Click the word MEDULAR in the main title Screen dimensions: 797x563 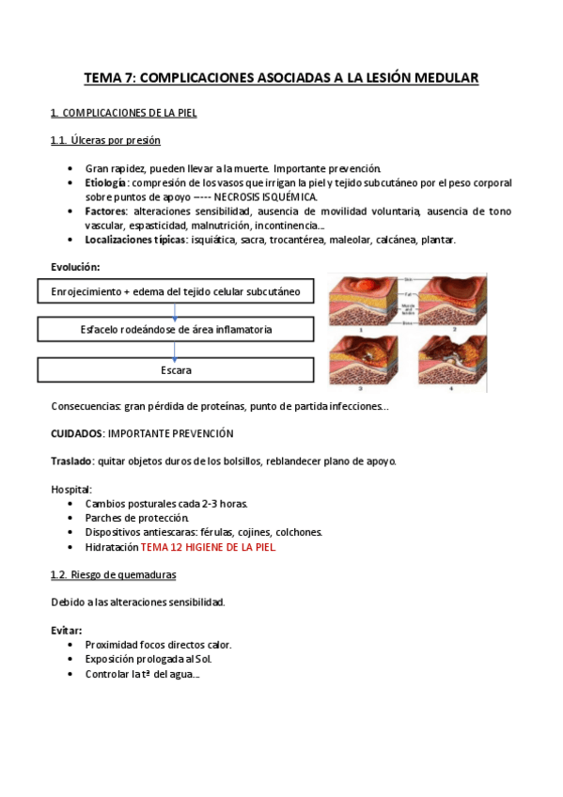[x=442, y=79]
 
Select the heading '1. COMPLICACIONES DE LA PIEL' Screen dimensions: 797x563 [x=123, y=114]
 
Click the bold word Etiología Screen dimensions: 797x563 [x=106, y=182]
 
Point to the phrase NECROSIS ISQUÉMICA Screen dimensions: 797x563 [x=266, y=197]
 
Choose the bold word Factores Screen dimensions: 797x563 [x=105, y=211]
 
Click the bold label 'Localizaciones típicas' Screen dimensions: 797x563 [x=138, y=241]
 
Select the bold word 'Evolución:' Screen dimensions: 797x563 [x=74, y=267]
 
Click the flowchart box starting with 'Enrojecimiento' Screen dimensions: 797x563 [x=176, y=292]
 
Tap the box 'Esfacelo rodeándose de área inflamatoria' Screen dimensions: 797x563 [x=176, y=330]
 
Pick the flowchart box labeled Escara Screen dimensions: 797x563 [x=176, y=370]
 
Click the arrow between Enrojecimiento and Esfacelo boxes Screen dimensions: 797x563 [x=175, y=311]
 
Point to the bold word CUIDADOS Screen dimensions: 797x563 [x=76, y=433]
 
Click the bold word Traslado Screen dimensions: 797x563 [x=71, y=461]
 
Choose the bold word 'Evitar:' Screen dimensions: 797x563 [x=66, y=630]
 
